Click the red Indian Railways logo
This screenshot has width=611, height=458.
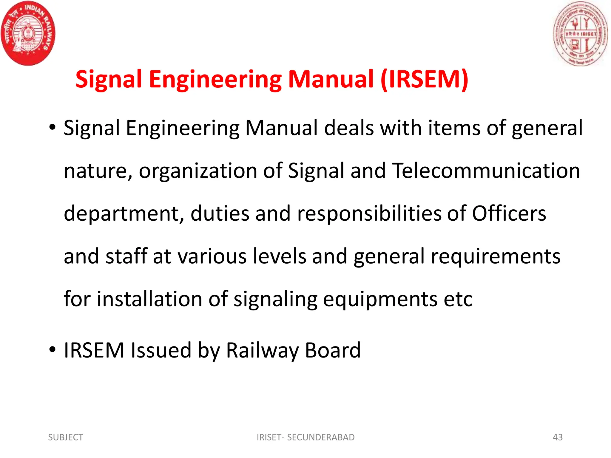pos(28,33)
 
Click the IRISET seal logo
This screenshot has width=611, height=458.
pos(580,33)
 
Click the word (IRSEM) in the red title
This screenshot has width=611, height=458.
pos(424,79)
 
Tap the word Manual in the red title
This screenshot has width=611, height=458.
pos(331,79)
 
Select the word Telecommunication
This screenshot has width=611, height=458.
pos(486,171)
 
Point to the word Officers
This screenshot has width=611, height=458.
pos(509,213)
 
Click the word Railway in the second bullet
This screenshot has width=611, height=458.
pos(263,351)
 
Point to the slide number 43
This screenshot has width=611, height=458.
pos(558,437)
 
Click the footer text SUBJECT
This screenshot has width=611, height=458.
pos(66,437)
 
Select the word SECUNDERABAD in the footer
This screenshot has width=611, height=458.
pos(321,437)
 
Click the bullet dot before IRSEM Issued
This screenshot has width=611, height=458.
pos(53,349)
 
